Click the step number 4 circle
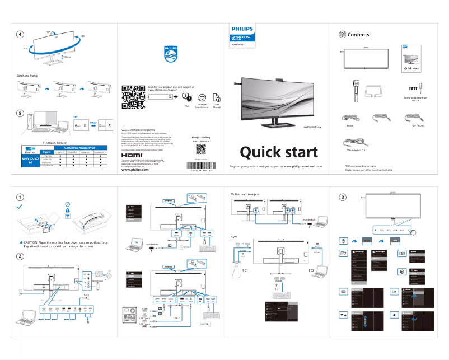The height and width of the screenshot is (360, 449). [x=20, y=35]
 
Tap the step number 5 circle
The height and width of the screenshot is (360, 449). [x=20, y=113]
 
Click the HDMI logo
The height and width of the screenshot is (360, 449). [x=132, y=155]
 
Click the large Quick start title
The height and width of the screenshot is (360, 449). [x=279, y=152]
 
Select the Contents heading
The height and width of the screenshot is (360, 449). [x=358, y=35]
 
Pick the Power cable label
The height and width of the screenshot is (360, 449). [x=350, y=127]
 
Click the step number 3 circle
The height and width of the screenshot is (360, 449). [x=343, y=197]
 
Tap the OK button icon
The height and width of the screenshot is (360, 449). [x=394, y=292]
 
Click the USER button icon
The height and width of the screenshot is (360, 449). [x=401, y=253]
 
